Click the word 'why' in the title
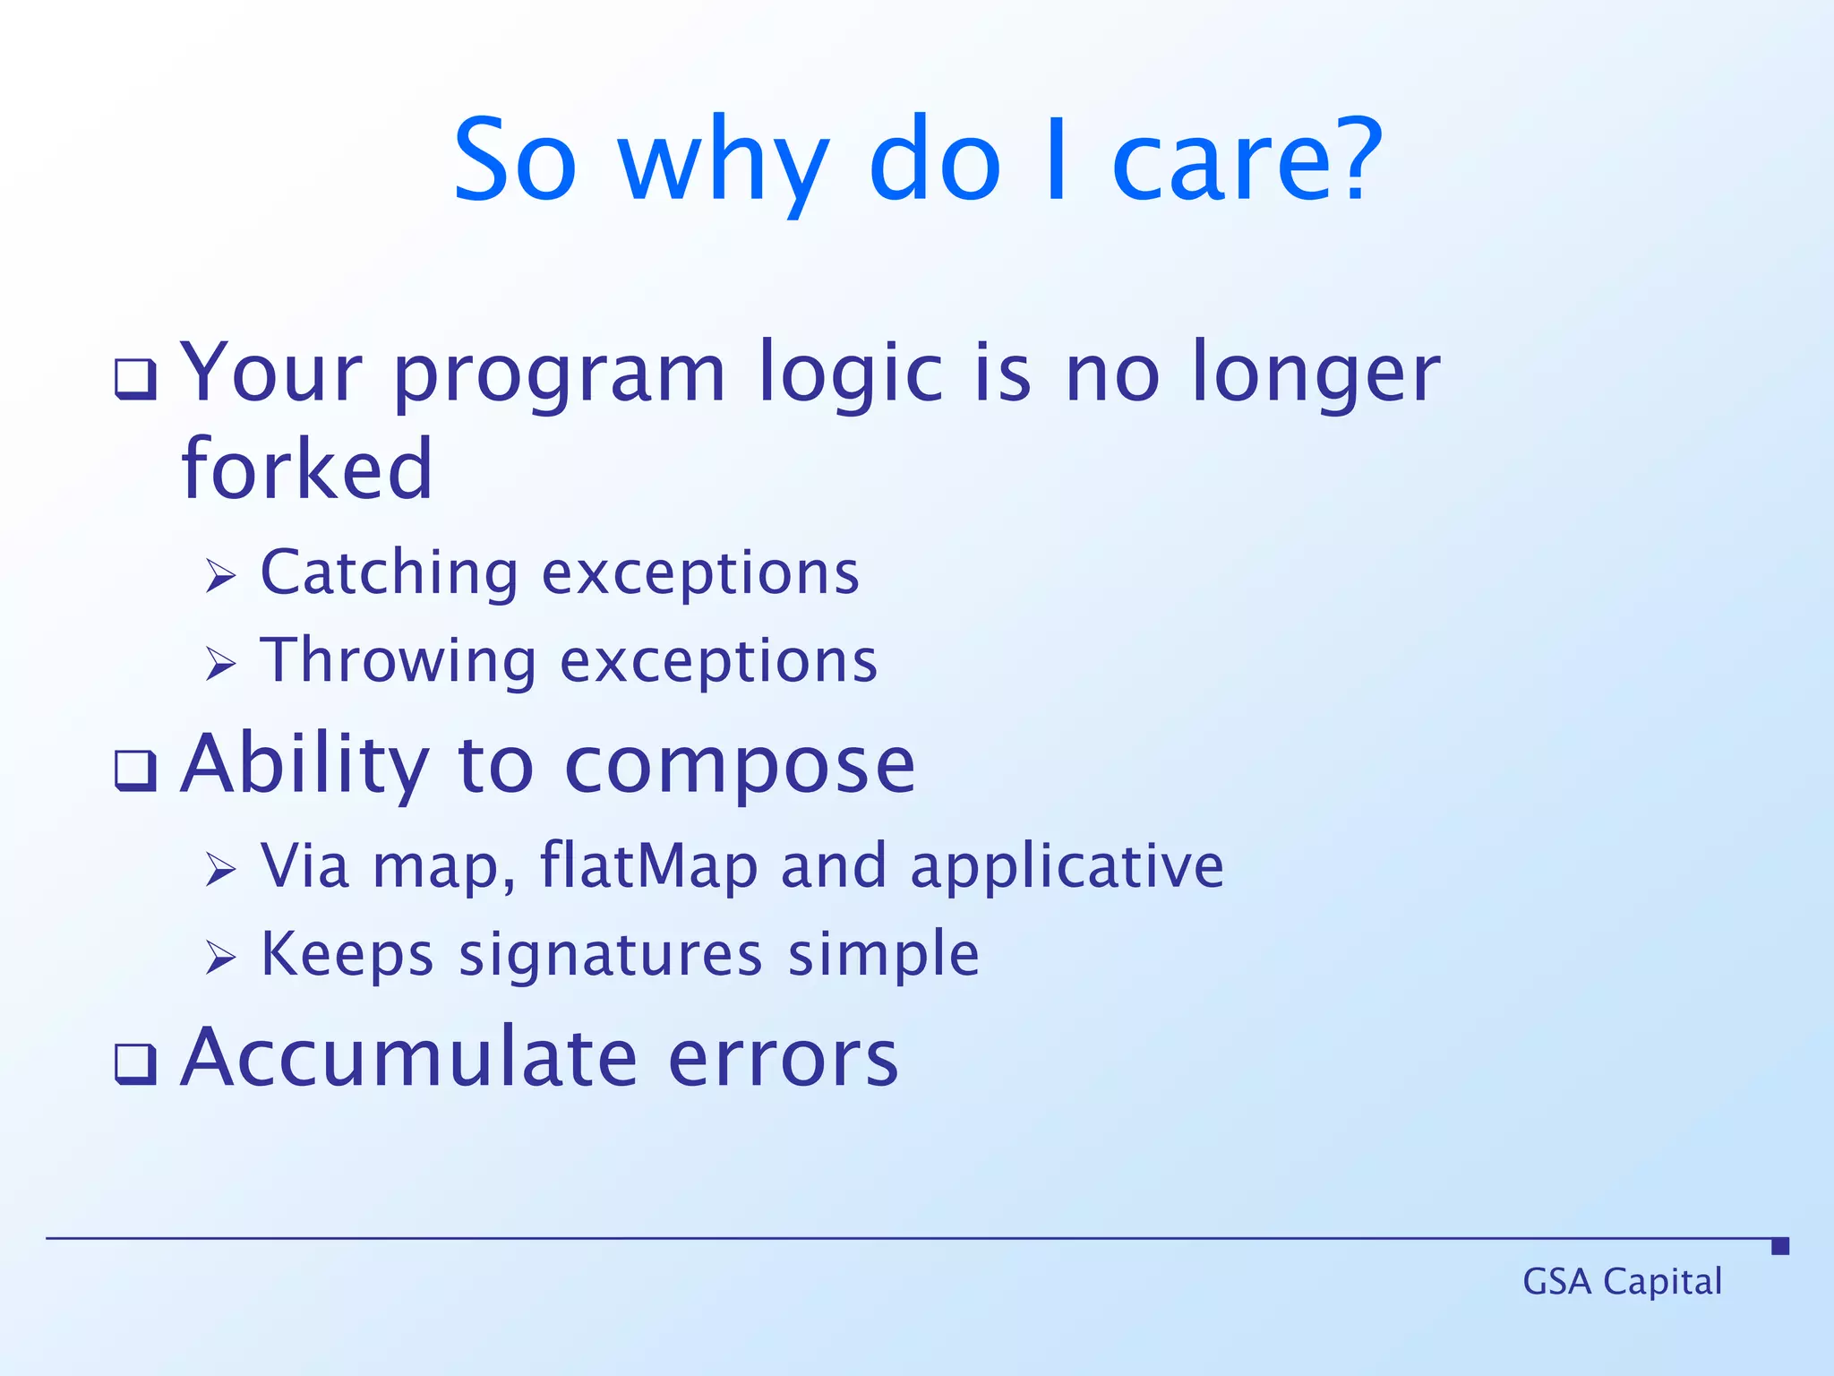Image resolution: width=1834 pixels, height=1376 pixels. tap(724, 166)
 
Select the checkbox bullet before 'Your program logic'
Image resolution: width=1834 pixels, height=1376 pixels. tap(135, 380)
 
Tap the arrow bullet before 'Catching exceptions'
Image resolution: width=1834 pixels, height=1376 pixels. tap(220, 576)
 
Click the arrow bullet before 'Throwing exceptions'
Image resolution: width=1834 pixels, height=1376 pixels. tap(220, 664)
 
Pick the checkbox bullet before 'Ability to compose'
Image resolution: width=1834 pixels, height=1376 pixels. tap(135, 770)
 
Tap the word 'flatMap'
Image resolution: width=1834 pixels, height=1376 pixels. tap(648, 866)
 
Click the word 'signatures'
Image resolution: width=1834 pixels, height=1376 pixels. tap(611, 955)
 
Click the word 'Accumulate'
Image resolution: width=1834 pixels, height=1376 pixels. tap(409, 1059)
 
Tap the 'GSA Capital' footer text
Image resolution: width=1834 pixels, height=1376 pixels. tap(1622, 1282)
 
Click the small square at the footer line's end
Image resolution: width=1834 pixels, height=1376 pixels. tap(1780, 1246)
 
